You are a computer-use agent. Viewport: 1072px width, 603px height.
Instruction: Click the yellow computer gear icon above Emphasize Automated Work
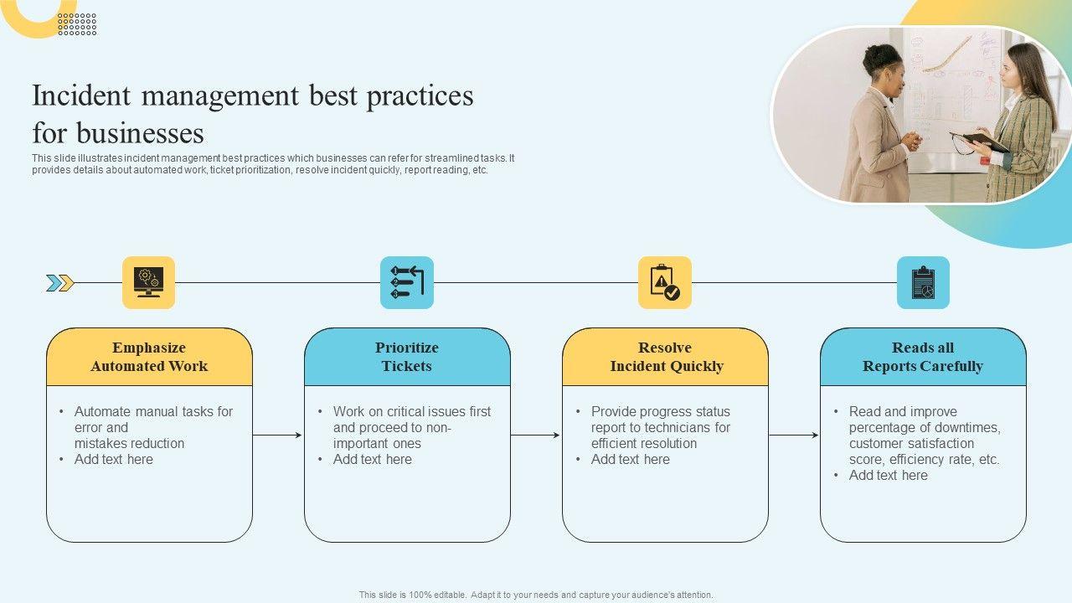pyautogui.click(x=148, y=282)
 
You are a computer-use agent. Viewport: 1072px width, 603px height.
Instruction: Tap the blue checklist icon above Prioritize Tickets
pyautogui.click(x=407, y=282)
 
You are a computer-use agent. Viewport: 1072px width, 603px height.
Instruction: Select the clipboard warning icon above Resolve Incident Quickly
pyautogui.click(x=665, y=282)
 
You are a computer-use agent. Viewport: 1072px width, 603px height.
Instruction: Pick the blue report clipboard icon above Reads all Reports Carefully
pyautogui.click(x=923, y=282)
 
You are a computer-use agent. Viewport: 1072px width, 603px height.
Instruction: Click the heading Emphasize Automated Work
pyautogui.click(x=149, y=357)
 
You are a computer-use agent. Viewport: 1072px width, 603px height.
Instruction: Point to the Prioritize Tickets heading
pyautogui.click(x=407, y=357)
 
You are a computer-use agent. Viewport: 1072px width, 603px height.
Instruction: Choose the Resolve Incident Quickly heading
pyautogui.click(x=666, y=357)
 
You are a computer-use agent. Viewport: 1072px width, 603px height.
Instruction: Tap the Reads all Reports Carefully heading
pyautogui.click(x=923, y=357)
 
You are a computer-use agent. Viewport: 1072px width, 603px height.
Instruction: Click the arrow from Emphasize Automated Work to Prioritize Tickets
pyautogui.click(x=277, y=435)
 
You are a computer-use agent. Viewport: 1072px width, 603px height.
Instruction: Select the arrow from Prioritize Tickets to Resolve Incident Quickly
pyautogui.click(x=535, y=435)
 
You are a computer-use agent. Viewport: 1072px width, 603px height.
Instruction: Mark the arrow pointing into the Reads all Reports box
pyautogui.click(x=793, y=435)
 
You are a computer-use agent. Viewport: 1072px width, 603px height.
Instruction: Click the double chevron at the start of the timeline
pyautogui.click(x=60, y=283)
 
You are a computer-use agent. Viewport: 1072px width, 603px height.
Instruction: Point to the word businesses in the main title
pyautogui.click(x=141, y=134)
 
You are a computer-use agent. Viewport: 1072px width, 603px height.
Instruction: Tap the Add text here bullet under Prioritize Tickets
pyautogui.click(x=372, y=459)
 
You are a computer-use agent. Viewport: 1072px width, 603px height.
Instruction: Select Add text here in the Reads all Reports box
pyautogui.click(x=888, y=475)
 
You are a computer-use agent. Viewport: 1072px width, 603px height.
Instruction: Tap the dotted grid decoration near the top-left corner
pyautogui.click(x=77, y=24)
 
